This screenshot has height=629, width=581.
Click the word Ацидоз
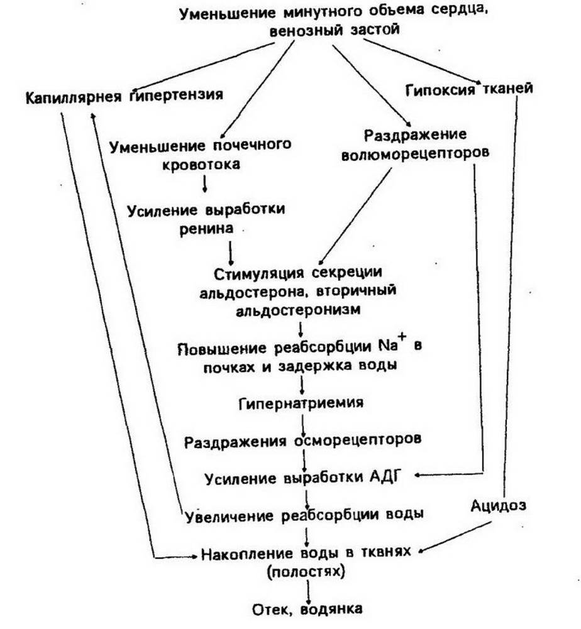[498, 505]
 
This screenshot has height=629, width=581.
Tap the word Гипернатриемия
[301, 402]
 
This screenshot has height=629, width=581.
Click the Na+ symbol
[393, 344]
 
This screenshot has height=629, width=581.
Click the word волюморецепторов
[415, 154]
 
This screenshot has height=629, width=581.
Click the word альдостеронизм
[298, 310]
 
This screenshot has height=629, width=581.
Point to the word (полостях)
[306, 571]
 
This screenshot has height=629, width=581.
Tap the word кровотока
[201, 165]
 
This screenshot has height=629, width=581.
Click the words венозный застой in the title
[335, 30]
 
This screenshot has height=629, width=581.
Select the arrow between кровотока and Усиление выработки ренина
[205, 183]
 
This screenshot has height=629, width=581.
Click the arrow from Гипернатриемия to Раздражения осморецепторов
[302, 422]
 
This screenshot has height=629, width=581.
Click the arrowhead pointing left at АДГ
[418, 475]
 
